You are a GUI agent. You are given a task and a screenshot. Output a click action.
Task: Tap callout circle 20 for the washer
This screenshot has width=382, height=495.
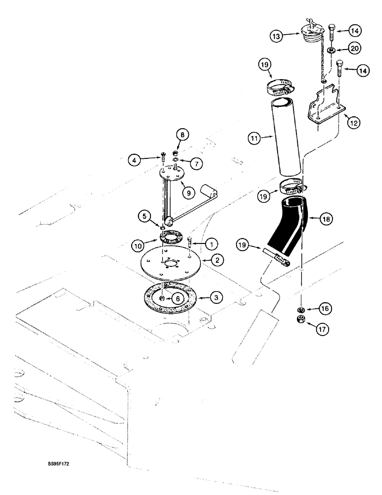(x=354, y=48)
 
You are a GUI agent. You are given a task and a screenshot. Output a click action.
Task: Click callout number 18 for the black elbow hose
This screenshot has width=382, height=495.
(x=327, y=218)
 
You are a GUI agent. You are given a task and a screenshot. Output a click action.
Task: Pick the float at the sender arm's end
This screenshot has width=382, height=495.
(x=210, y=191)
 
